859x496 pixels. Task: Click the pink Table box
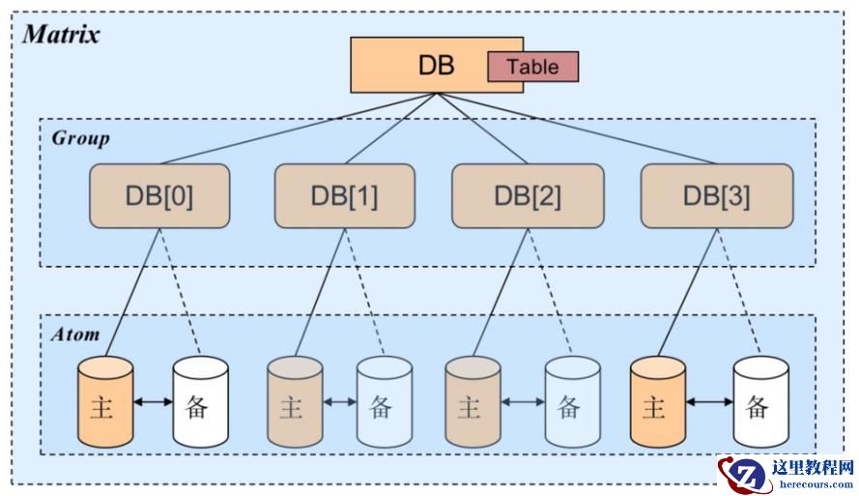coord(532,67)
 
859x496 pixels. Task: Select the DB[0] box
coord(159,196)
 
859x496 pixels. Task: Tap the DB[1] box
coord(344,196)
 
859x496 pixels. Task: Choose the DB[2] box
coord(527,196)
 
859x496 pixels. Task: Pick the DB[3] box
coord(716,196)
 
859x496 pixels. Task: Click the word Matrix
coord(61,35)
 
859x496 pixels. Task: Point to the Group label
coord(80,138)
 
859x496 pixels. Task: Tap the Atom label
coord(75,335)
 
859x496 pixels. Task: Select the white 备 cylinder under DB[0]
coord(200,403)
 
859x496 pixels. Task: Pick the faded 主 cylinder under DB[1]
coord(294,403)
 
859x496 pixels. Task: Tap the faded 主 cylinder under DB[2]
coord(471,403)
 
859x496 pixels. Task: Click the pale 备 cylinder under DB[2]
coord(571,403)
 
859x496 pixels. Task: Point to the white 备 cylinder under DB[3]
coord(759,403)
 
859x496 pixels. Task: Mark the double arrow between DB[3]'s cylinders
coord(707,399)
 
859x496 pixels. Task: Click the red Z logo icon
coord(741,474)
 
